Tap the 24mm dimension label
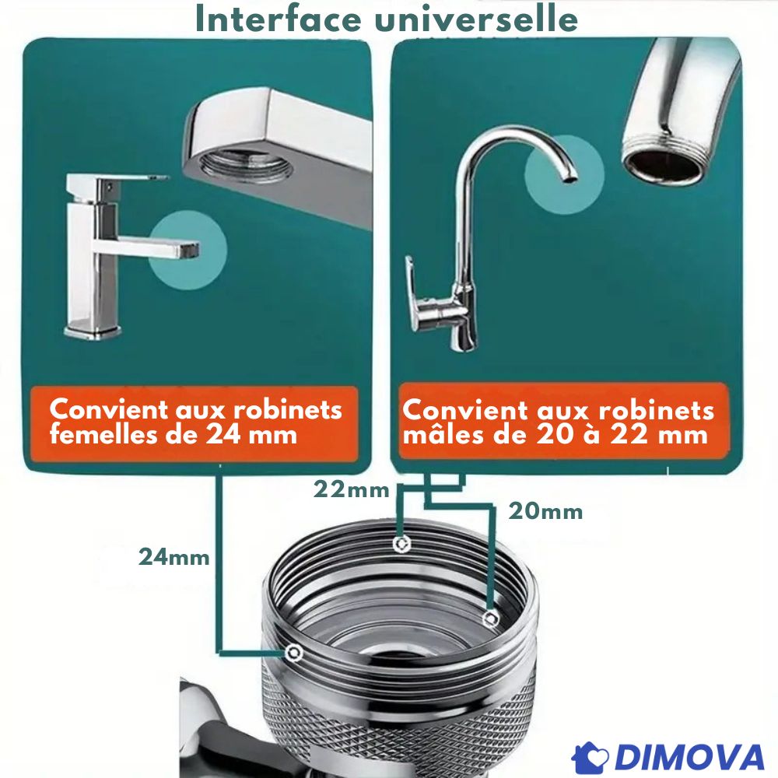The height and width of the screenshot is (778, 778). (x=174, y=557)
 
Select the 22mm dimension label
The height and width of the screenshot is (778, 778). (x=352, y=489)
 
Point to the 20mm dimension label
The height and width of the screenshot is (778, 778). (x=545, y=511)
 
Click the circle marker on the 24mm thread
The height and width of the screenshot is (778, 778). (x=294, y=652)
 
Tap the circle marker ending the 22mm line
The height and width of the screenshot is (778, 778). (x=401, y=545)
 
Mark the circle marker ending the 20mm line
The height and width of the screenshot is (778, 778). (x=491, y=619)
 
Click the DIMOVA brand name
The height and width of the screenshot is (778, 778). (x=689, y=758)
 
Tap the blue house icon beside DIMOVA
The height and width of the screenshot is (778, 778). (x=591, y=758)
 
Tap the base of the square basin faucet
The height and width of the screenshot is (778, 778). (x=93, y=331)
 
